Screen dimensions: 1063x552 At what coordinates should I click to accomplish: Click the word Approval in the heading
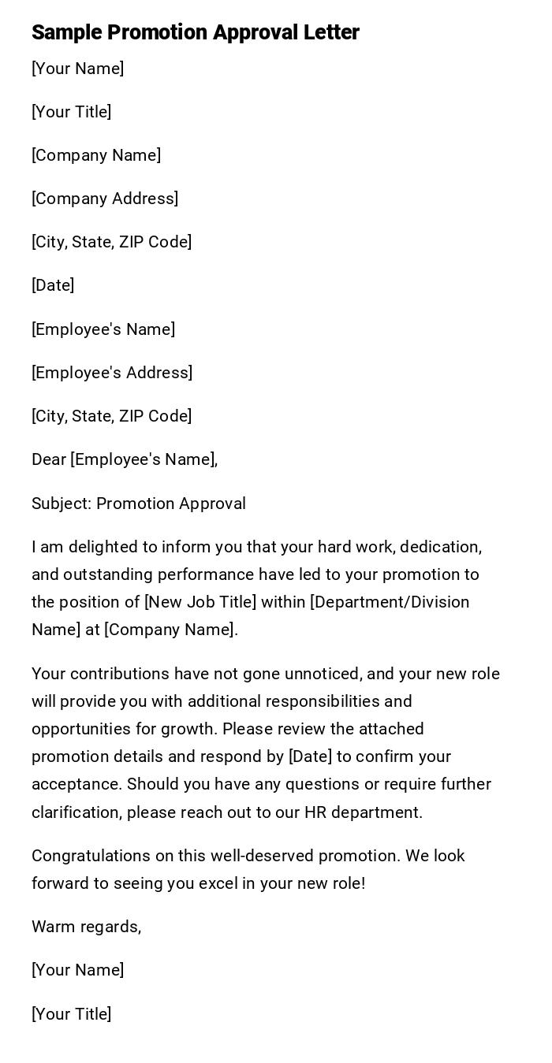click(255, 32)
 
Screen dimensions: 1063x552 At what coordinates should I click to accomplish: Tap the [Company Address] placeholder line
click(105, 199)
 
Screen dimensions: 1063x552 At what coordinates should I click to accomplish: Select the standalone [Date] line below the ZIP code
click(53, 285)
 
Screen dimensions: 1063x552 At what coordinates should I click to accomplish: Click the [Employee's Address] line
click(112, 373)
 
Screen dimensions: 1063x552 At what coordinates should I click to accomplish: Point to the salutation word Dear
click(48, 459)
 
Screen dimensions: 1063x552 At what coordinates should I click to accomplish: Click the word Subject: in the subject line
click(62, 504)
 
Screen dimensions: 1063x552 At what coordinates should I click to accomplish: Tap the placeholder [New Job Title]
click(200, 602)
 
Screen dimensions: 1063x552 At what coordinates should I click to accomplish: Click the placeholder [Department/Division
click(390, 602)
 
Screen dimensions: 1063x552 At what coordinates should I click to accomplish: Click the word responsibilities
click(323, 701)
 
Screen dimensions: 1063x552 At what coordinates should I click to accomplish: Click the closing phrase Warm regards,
click(86, 927)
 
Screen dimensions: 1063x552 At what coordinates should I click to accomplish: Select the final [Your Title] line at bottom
click(71, 1014)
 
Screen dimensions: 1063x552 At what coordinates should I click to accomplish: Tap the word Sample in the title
click(66, 32)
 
